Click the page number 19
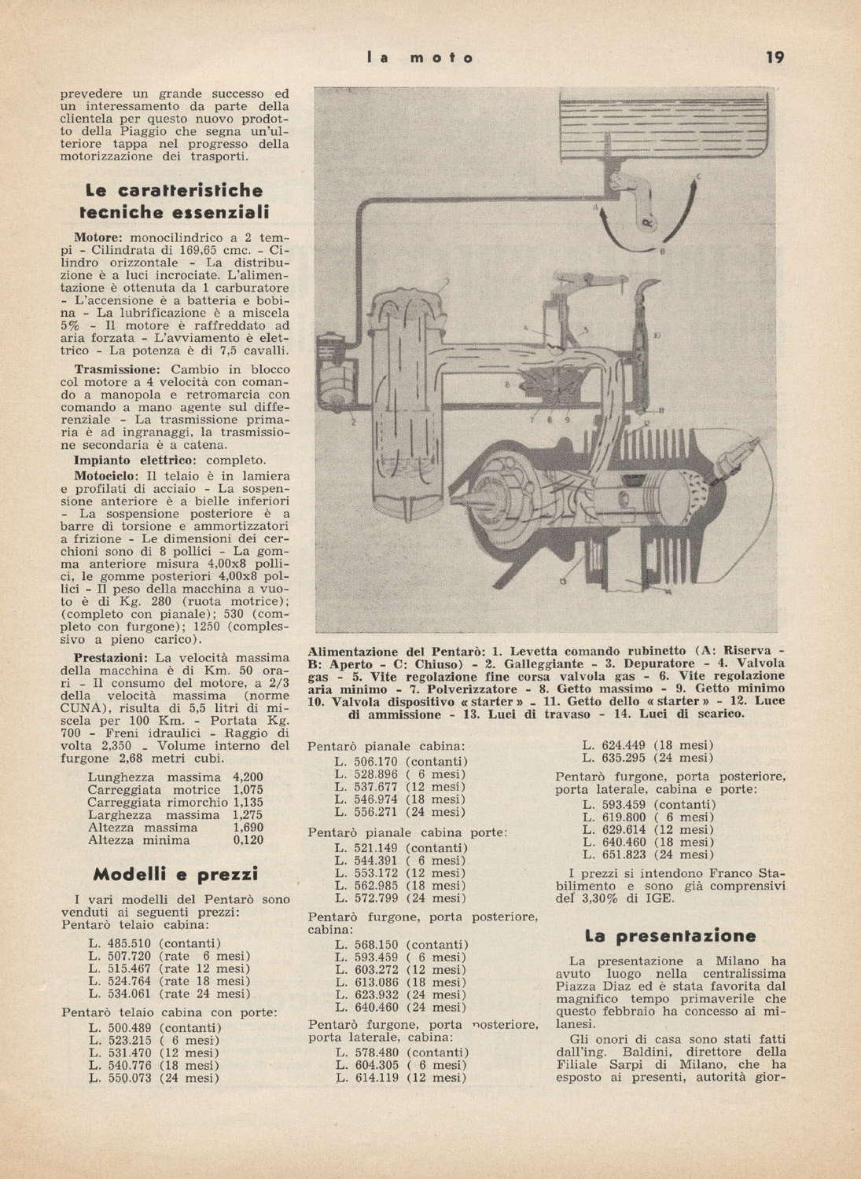tap(775, 57)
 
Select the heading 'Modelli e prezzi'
tap(175, 874)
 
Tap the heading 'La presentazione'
tap(670, 936)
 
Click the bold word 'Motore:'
tap(99, 237)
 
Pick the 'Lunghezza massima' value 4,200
tap(248, 777)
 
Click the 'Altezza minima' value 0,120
tap(248, 840)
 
